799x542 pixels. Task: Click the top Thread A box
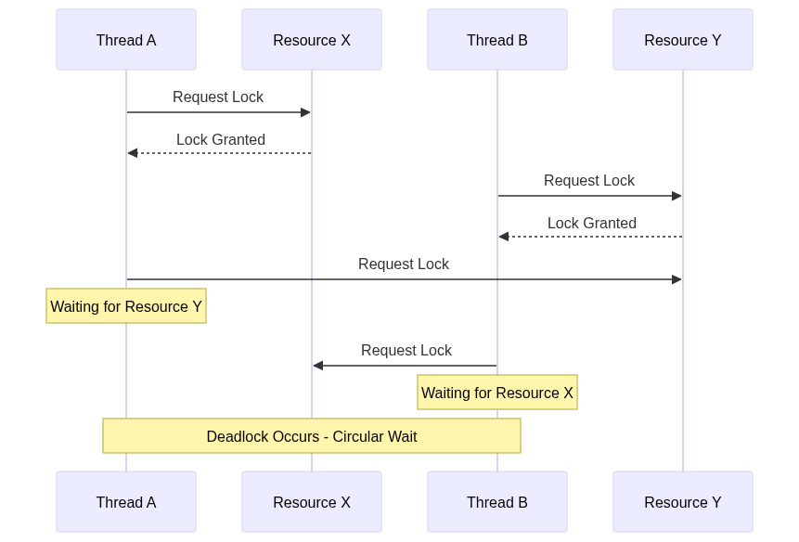126,39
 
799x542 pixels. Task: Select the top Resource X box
312,39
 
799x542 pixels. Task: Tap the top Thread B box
497,39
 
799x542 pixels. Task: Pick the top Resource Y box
683,39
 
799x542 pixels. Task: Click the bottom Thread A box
126,502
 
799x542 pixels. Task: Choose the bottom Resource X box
312,502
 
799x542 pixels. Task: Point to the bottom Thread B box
497,502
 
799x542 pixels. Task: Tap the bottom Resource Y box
683,502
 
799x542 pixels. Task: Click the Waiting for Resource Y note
126,305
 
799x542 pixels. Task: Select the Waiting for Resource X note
497,393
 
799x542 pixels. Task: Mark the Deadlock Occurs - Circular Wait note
312,436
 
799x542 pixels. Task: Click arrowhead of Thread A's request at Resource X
306,112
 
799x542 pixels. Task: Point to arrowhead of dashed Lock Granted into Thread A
133,153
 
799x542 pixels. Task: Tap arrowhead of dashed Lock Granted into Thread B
504,237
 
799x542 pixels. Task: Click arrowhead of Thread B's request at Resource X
318,366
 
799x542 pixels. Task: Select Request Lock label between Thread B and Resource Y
589,180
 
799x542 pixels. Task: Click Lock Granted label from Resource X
221,139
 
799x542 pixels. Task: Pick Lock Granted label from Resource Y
592,223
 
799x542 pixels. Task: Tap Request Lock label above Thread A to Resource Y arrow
404,264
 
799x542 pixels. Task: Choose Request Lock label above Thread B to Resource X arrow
406,350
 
